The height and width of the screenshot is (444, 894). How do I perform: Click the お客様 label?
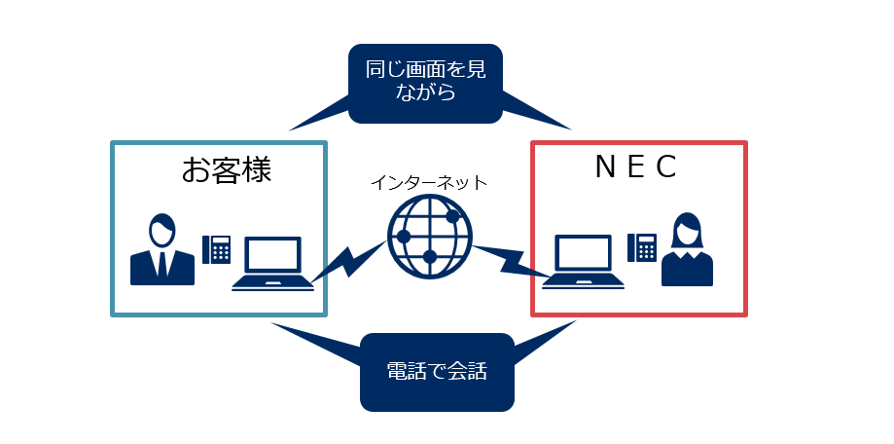225,170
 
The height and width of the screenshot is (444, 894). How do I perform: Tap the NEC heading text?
635,167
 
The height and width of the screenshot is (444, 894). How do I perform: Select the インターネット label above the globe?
428,182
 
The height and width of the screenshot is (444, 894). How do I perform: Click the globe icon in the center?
429,237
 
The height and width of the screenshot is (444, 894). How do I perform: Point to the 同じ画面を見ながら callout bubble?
424,83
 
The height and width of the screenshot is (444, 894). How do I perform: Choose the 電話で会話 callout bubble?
436,371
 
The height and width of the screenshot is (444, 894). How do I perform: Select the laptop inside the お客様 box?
272,263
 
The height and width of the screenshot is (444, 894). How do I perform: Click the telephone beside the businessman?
216,249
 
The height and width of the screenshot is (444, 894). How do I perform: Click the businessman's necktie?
162,262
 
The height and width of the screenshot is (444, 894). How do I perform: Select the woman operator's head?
687,230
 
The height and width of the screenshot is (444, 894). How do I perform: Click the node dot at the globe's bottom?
429,257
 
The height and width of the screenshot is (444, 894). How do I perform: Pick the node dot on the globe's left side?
403,237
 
